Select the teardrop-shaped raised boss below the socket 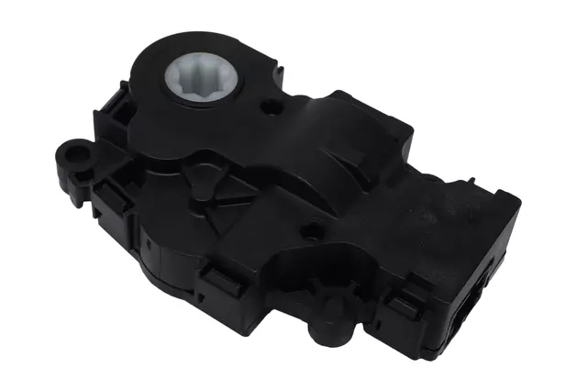[204, 171]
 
